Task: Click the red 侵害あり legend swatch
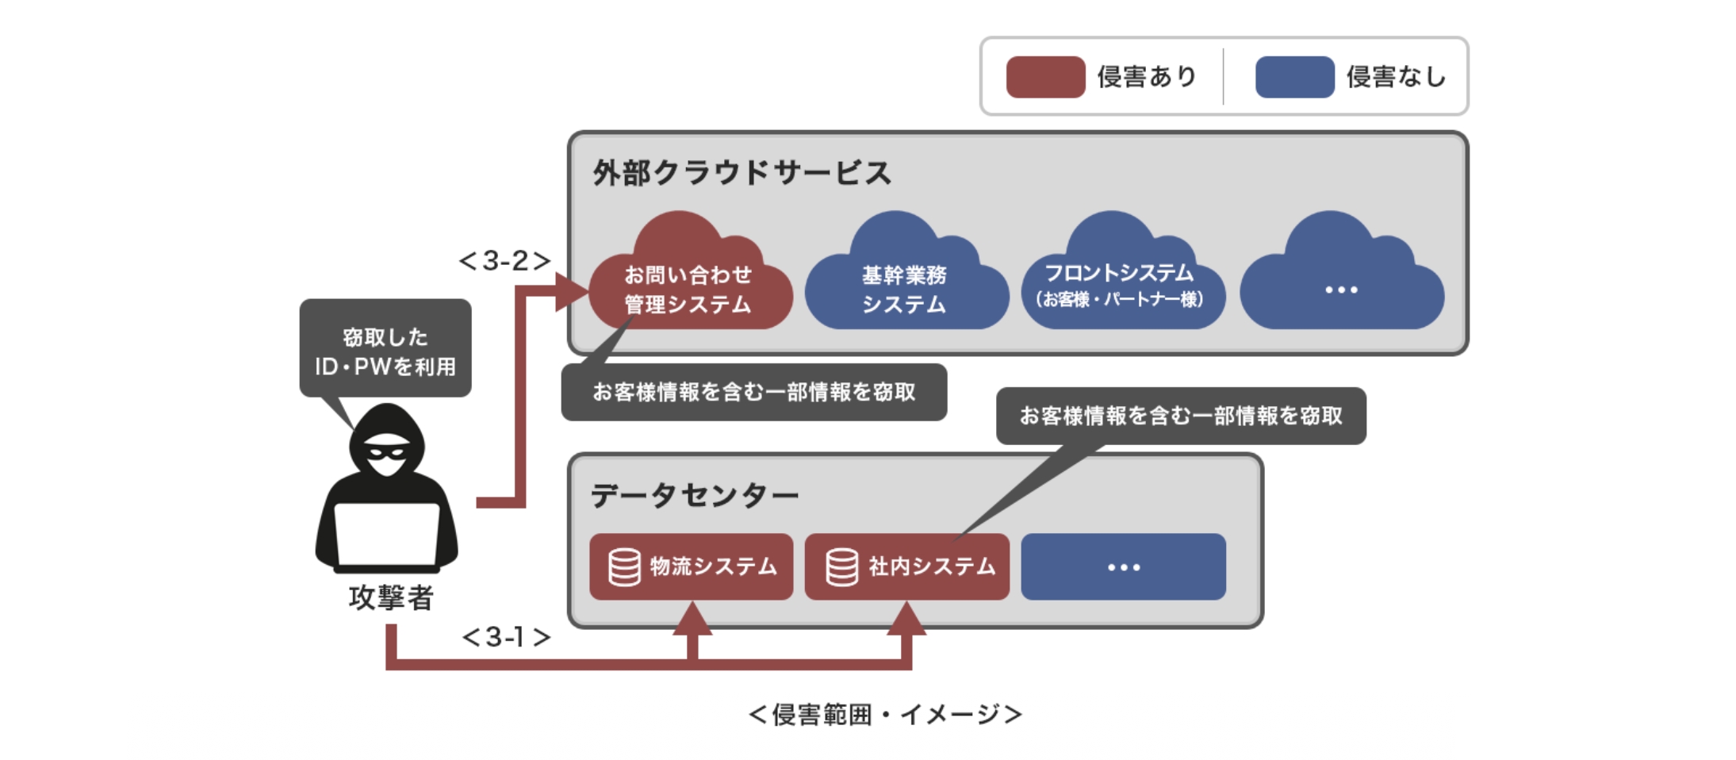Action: [1044, 77]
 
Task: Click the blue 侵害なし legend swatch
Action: [1294, 77]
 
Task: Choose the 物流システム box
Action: [691, 566]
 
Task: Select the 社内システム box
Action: [906, 566]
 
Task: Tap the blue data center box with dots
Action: [1123, 566]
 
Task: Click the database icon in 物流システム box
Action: [624, 567]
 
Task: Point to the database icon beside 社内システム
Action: [841, 567]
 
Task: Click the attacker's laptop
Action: [386, 534]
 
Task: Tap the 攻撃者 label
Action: [391, 597]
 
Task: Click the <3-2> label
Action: [504, 260]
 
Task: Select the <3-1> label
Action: [506, 636]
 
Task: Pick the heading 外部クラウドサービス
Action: [742, 173]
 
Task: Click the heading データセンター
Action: [694, 495]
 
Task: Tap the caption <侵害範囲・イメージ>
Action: [885, 715]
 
